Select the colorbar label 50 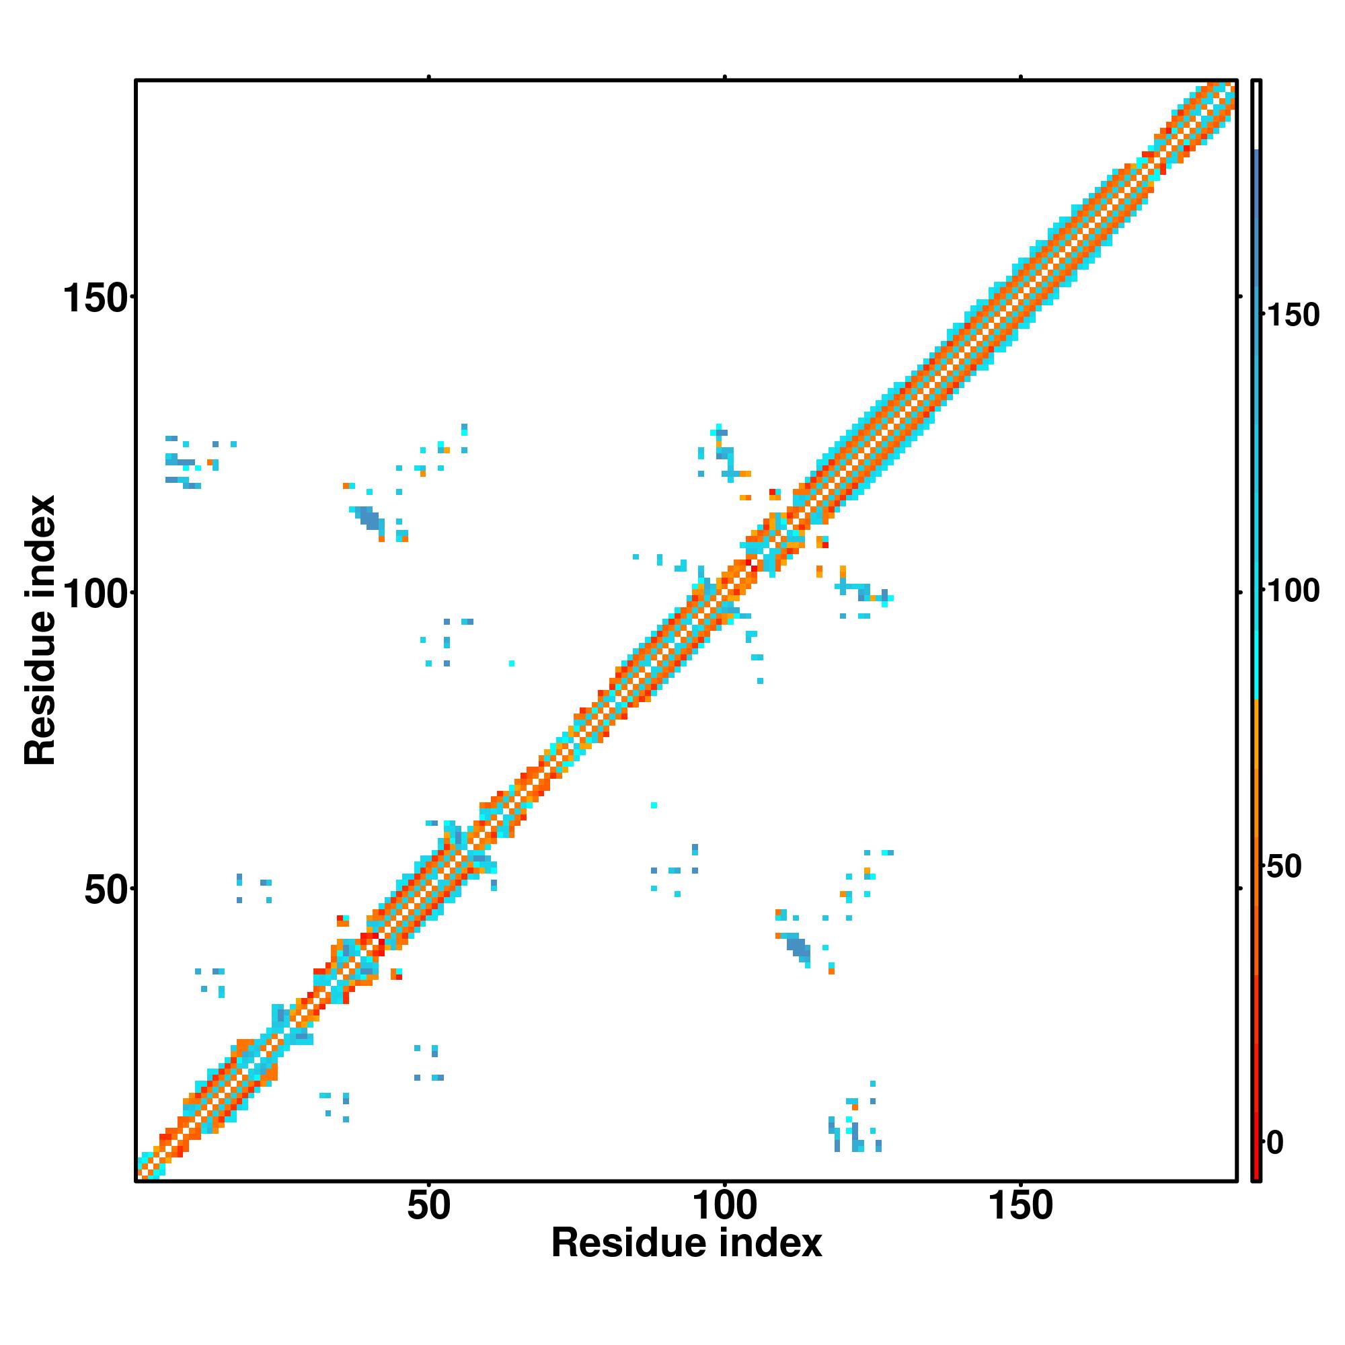tap(1283, 868)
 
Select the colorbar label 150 tap(1292, 315)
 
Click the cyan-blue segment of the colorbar tap(1257, 418)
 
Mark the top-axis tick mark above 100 tap(725, 77)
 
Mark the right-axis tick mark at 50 tap(1240, 888)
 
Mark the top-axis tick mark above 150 tap(1021, 77)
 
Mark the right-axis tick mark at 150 tap(1240, 297)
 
